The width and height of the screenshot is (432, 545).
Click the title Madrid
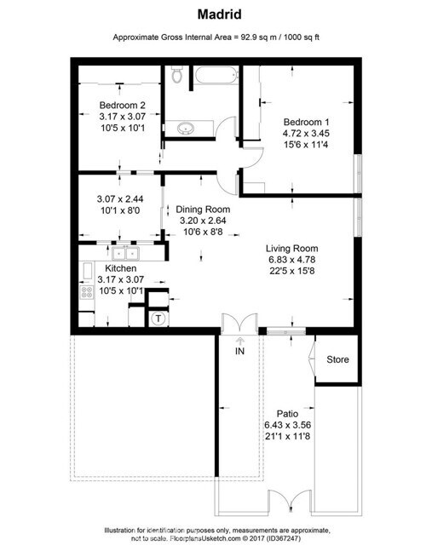click(x=216, y=14)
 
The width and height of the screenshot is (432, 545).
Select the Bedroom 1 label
click(x=307, y=122)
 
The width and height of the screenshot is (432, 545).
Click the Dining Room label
click(x=202, y=209)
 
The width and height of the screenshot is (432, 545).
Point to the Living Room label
click(x=292, y=249)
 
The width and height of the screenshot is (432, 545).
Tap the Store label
click(x=337, y=359)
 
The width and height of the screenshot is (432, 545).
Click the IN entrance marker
click(x=239, y=349)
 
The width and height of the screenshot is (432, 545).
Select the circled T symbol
click(x=158, y=319)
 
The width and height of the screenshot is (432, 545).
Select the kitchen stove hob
click(x=87, y=294)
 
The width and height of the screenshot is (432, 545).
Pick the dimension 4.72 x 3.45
click(x=307, y=134)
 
